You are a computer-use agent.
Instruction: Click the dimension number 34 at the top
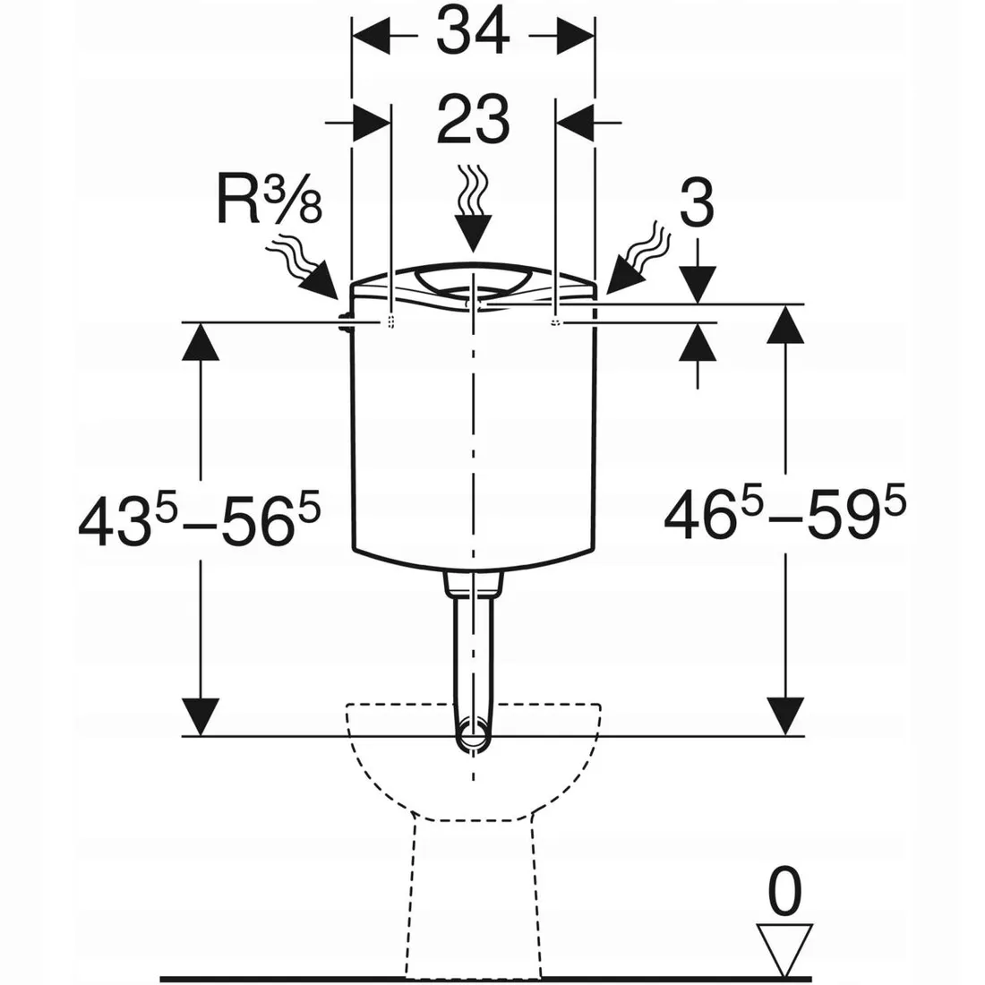(x=473, y=35)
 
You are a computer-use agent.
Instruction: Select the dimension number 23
(x=473, y=119)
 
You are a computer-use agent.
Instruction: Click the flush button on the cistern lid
(x=472, y=283)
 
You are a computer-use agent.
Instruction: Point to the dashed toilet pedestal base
(x=472, y=895)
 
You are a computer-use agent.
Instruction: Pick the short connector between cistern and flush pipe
(x=471, y=584)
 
